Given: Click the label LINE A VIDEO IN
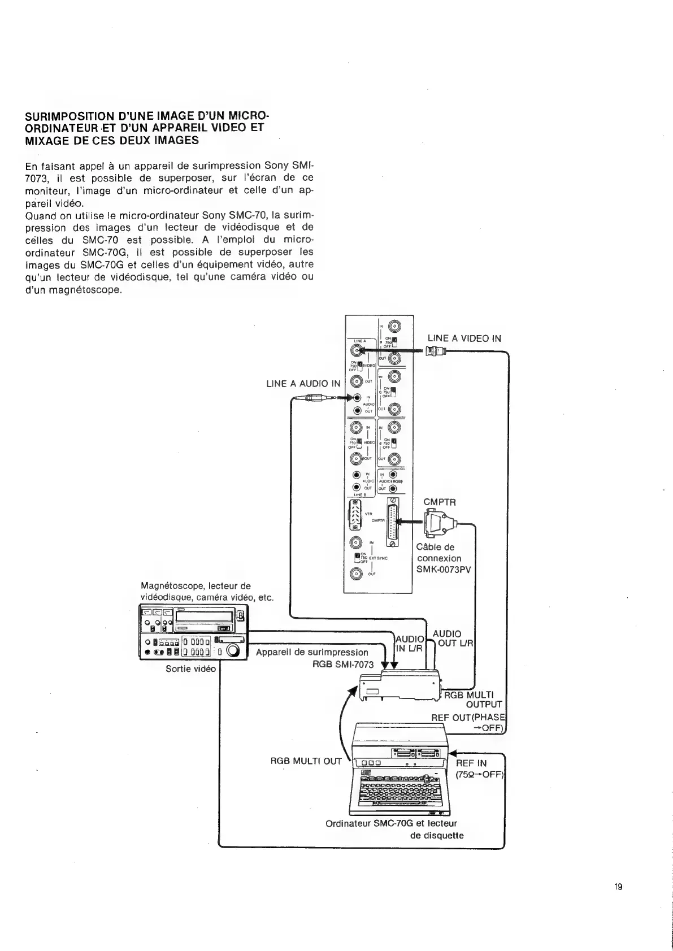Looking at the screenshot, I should pos(464,338).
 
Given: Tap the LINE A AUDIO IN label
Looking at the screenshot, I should pos(303,384).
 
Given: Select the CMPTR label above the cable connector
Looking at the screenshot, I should pos(440,502).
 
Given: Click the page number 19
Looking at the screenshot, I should pos(618,887).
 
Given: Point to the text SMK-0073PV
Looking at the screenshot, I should pos(443,570).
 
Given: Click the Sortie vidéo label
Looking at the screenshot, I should pos(191,668).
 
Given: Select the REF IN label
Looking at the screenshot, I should pos(471,763).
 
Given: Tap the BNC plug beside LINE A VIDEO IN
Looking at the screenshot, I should pos(436,352).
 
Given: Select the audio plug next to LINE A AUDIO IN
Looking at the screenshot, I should pos(316,398).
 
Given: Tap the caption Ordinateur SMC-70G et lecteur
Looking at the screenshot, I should pos(391,824).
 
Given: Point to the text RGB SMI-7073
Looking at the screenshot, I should pos(343,664).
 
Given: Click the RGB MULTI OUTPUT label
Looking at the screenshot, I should pos(473,700).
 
